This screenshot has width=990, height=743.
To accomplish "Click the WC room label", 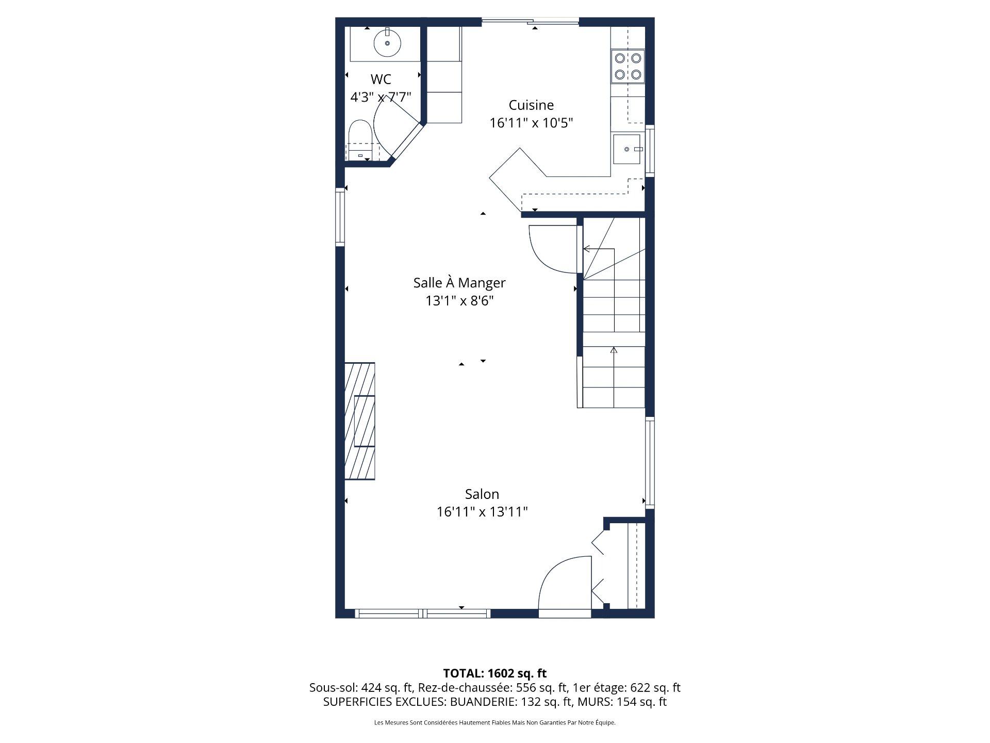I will (x=381, y=79).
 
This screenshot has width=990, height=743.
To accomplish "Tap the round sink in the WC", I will (x=387, y=43).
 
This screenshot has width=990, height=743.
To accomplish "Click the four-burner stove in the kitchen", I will (x=628, y=66).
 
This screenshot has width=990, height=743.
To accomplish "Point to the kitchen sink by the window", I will (x=627, y=149).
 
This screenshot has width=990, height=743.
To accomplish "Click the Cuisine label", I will (x=531, y=105).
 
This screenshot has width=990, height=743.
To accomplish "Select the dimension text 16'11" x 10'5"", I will (x=531, y=123).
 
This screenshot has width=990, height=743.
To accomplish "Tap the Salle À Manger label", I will (x=459, y=283).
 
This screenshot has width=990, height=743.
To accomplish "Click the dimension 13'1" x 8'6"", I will (x=459, y=301).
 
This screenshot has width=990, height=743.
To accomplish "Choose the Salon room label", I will (x=482, y=494).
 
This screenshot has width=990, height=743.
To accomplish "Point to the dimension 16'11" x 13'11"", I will (x=482, y=512).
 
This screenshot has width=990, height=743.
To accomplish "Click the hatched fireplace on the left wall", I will (x=360, y=421).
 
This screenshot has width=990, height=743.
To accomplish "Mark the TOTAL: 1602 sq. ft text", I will (x=495, y=673).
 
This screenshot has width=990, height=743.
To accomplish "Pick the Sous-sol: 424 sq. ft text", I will (x=361, y=688).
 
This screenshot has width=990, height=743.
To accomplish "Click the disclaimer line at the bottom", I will (x=495, y=723).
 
